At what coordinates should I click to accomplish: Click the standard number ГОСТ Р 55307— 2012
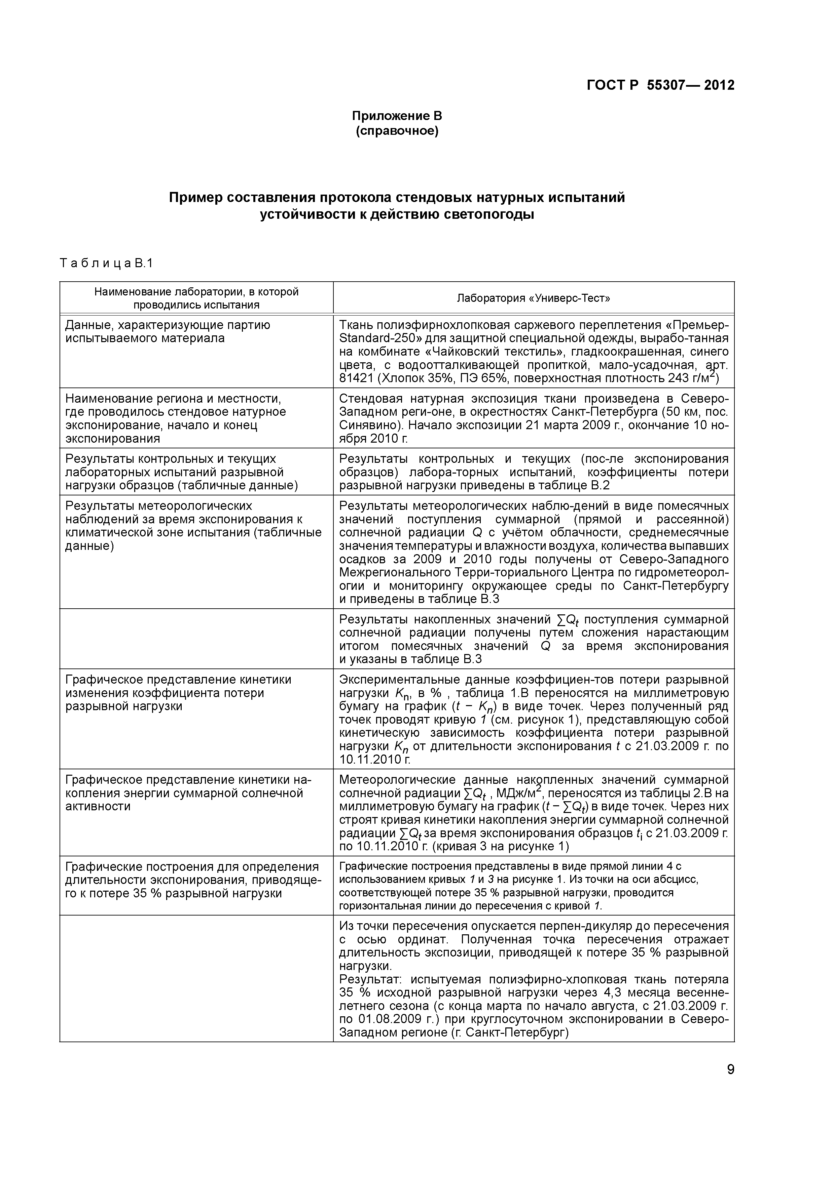click(x=660, y=85)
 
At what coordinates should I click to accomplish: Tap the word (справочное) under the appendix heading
click(x=397, y=131)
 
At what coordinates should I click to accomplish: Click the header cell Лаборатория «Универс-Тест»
click(x=533, y=298)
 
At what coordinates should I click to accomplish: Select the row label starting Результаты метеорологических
click(x=159, y=506)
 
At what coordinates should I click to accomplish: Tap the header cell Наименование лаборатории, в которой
click(x=196, y=292)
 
